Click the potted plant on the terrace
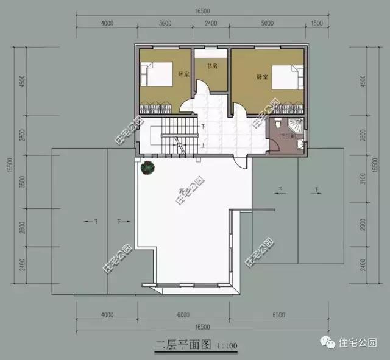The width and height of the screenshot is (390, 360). pyautogui.click(x=147, y=167)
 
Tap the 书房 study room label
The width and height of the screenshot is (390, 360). pyautogui.click(x=212, y=66)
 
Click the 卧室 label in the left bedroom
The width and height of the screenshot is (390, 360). pyautogui.click(x=182, y=74)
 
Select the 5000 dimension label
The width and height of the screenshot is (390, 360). pyautogui.click(x=266, y=24)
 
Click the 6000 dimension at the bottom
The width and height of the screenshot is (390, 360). pyautogui.click(x=183, y=316)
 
